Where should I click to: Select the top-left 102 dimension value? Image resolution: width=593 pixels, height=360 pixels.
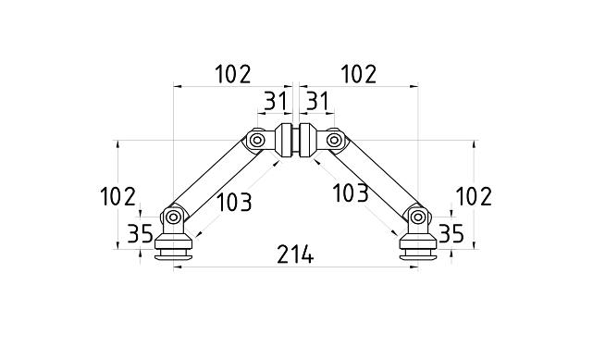pos(232,75)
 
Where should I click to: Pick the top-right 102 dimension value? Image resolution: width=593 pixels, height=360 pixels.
pos(359,75)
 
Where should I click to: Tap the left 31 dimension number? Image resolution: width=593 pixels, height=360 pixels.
pos(275,101)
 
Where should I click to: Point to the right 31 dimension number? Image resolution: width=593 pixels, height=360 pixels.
pos(318,101)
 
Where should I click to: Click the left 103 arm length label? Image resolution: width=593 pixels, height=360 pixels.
pos(233,201)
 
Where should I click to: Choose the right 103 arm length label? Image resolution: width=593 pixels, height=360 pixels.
pos(350,192)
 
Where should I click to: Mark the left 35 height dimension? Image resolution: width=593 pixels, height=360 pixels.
pos(141,233)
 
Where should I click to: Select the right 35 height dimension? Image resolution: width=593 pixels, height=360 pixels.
pos(451,233)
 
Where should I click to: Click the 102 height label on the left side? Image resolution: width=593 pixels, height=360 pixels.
pos(117,197)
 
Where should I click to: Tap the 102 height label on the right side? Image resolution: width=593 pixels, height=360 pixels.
pos(474,197)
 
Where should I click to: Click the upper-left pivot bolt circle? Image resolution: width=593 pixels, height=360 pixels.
pos(258,141)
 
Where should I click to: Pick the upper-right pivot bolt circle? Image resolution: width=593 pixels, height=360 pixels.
pos(333,141)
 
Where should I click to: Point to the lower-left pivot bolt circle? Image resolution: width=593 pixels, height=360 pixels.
pos(173,217)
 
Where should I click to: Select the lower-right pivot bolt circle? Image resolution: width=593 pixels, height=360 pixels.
pos(418,217)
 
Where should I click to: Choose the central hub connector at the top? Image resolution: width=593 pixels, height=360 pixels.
pos(295,141)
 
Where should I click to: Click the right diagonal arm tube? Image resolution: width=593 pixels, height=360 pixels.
pos(377,180)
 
